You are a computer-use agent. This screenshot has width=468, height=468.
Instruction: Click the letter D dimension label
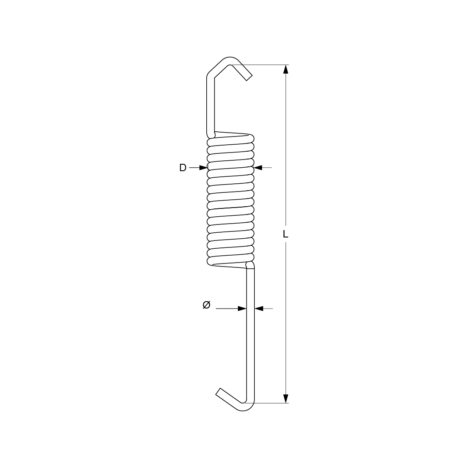click(x=183, y=168)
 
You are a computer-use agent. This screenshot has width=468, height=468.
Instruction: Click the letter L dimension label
click(x=286, y=234)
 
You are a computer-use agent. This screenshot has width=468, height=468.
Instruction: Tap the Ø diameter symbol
click(x=207, y=305)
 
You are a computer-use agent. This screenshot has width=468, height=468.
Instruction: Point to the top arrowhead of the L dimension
click(x=286, y=69)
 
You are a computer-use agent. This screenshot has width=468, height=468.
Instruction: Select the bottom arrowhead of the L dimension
click(x=286, y=399)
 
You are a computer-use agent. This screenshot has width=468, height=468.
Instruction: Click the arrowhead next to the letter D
click(x=203, y=168)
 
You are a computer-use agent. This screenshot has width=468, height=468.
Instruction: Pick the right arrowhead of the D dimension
click(x=258, y=168)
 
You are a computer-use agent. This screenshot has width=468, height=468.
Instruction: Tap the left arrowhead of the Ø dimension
click(x=242, y=309)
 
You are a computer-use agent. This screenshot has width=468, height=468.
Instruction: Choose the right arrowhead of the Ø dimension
click(x=259, y=309)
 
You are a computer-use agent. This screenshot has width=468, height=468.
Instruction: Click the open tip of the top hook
click(x=249, y=78)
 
